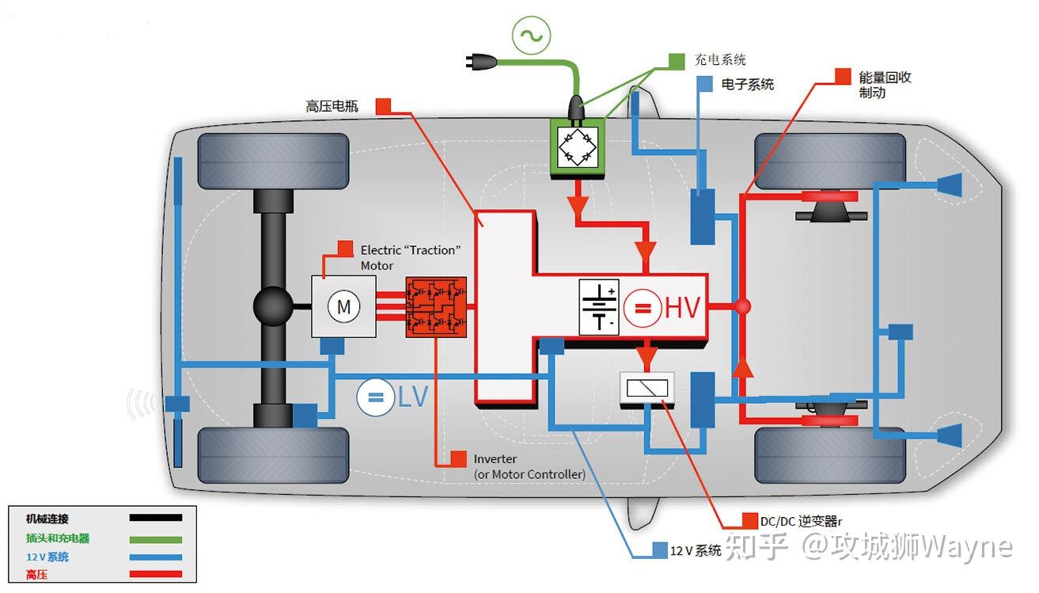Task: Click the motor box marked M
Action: (343, 306)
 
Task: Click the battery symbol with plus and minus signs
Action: (599, 306)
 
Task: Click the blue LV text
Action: (412, 397)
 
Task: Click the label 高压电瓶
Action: (332, 105)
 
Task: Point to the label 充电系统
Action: (719, 59)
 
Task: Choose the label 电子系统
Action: (747, 83)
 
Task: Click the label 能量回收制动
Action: (885, 85)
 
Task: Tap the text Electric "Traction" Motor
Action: (409, 257)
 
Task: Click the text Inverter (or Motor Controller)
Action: (529, 466)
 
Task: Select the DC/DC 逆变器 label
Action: (801, 521)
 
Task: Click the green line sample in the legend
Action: (155, 538)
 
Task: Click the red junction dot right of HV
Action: (742, 306)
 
